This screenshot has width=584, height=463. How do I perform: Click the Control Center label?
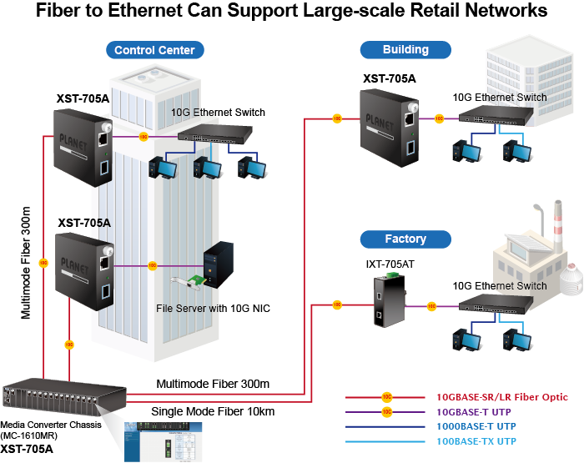point(154,50)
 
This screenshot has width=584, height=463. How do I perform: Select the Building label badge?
point(405,49)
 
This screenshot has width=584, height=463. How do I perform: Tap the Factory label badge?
point(405,239)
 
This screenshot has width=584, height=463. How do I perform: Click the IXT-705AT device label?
point(390,264)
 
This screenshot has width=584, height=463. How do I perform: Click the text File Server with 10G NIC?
point(214,309)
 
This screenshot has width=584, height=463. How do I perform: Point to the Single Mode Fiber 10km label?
point(213,411)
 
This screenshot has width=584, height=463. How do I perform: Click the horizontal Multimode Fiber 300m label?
point(213,384)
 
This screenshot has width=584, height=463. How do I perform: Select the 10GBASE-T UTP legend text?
point(474,411)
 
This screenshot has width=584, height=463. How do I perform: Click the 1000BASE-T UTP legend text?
point(476,425)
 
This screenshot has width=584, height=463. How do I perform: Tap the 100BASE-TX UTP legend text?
point(476,440)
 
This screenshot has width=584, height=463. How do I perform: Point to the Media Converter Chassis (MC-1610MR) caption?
point(50,430)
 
